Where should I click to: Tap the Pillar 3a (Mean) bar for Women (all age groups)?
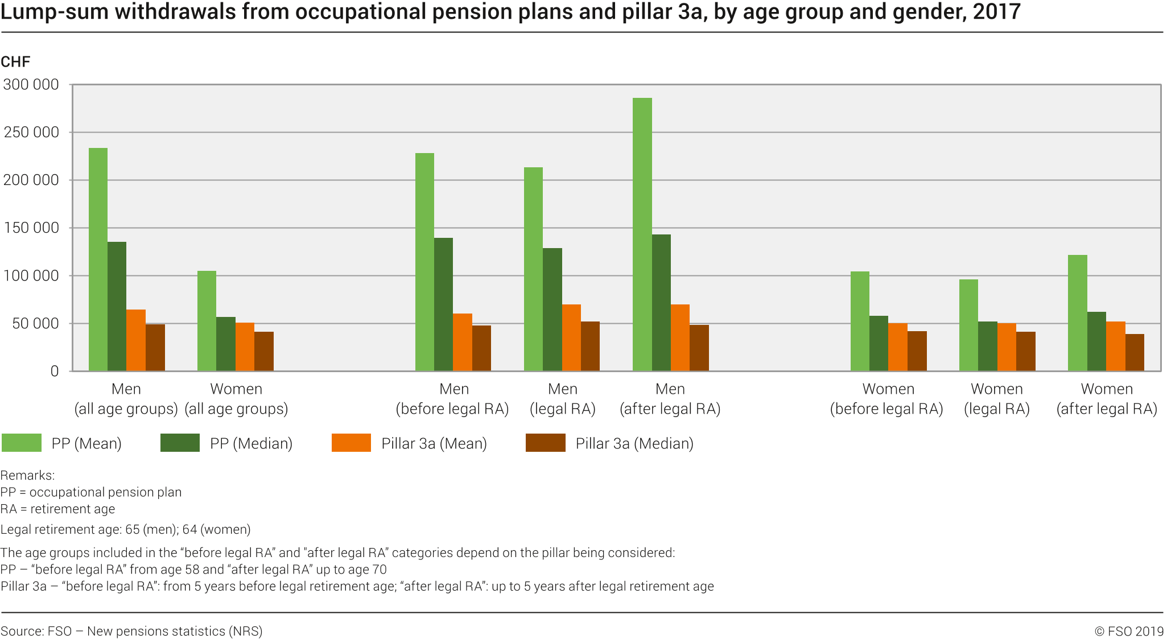245,347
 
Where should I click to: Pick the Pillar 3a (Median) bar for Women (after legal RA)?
1135,352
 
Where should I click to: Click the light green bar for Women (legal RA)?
968,325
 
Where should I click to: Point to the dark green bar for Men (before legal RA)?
443,304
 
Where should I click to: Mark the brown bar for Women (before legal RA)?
917,351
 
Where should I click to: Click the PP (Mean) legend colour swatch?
22,443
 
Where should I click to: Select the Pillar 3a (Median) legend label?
634,444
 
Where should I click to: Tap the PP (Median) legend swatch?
180,443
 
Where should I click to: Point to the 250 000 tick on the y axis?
31,133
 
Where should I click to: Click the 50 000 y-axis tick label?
35,324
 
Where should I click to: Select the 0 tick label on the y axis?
55,372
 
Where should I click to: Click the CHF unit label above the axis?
15,62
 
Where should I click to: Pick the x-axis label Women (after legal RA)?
1107,399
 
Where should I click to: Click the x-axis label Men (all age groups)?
126,399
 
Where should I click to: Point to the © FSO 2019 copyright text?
1129,631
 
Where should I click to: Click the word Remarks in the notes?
27,475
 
